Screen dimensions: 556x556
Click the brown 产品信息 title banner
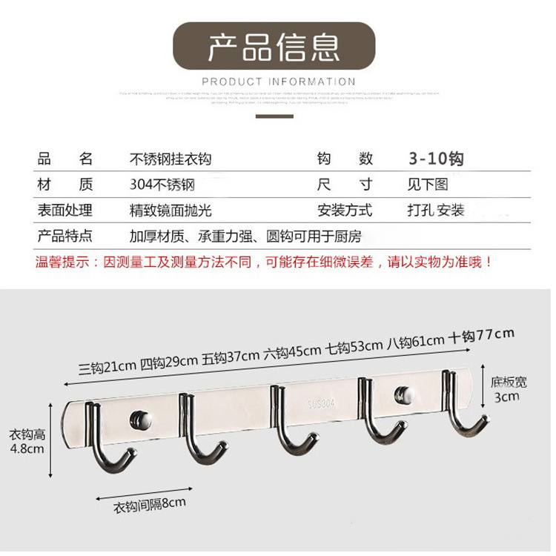pyautogui.click(x=274, y=46)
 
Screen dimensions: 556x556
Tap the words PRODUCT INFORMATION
pyautogui.click(x=278, y=82)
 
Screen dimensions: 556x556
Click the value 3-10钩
pyautogui.click(x=436, y=159)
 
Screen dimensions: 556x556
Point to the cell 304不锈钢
pyautogui.click(x=162, y=185)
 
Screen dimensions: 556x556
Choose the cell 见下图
pyautogui.click(x=428, y=185)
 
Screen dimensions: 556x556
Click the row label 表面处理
pyautogui.click(x=64, y=211)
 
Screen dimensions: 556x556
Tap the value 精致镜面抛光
pyautogui.click(x=171, y=211)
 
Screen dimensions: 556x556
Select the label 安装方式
pyautogui.click(x=345, y=211)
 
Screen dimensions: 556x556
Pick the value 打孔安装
pyautogui.click(x=435, y=211)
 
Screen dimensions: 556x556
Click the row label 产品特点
pyautogui.click(x=64, y=236)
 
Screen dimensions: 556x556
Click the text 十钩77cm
pyautogui.click(x=482, y=336)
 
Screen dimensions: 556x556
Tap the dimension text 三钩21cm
pyautogui.click(x=107, y=366)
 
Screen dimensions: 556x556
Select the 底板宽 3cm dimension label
pyautogui.click(x=509, y=388)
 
